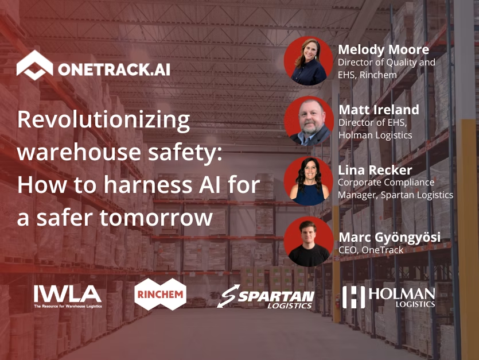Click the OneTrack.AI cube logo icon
click(x=34, y=65)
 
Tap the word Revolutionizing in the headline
click(x=104, y=121)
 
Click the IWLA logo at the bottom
click(x=68, y=295)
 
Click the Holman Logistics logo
click(x=389, y=296)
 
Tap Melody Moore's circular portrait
click(x=309, y=61)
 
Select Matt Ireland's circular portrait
click(x=309, y=120)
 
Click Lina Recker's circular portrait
click(x=309, y=181)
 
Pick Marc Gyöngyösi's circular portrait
click(x=309, y=242)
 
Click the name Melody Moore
click(x=383, y=49)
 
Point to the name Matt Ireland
click(x=379, y=110)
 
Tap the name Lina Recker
click(x=375, y=170)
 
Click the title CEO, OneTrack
click(x=371, y=250)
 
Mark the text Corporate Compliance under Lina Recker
click(x=385, y=183)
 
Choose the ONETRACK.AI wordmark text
click(x=114, y=69)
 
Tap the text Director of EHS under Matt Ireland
click(x=371, y=122)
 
